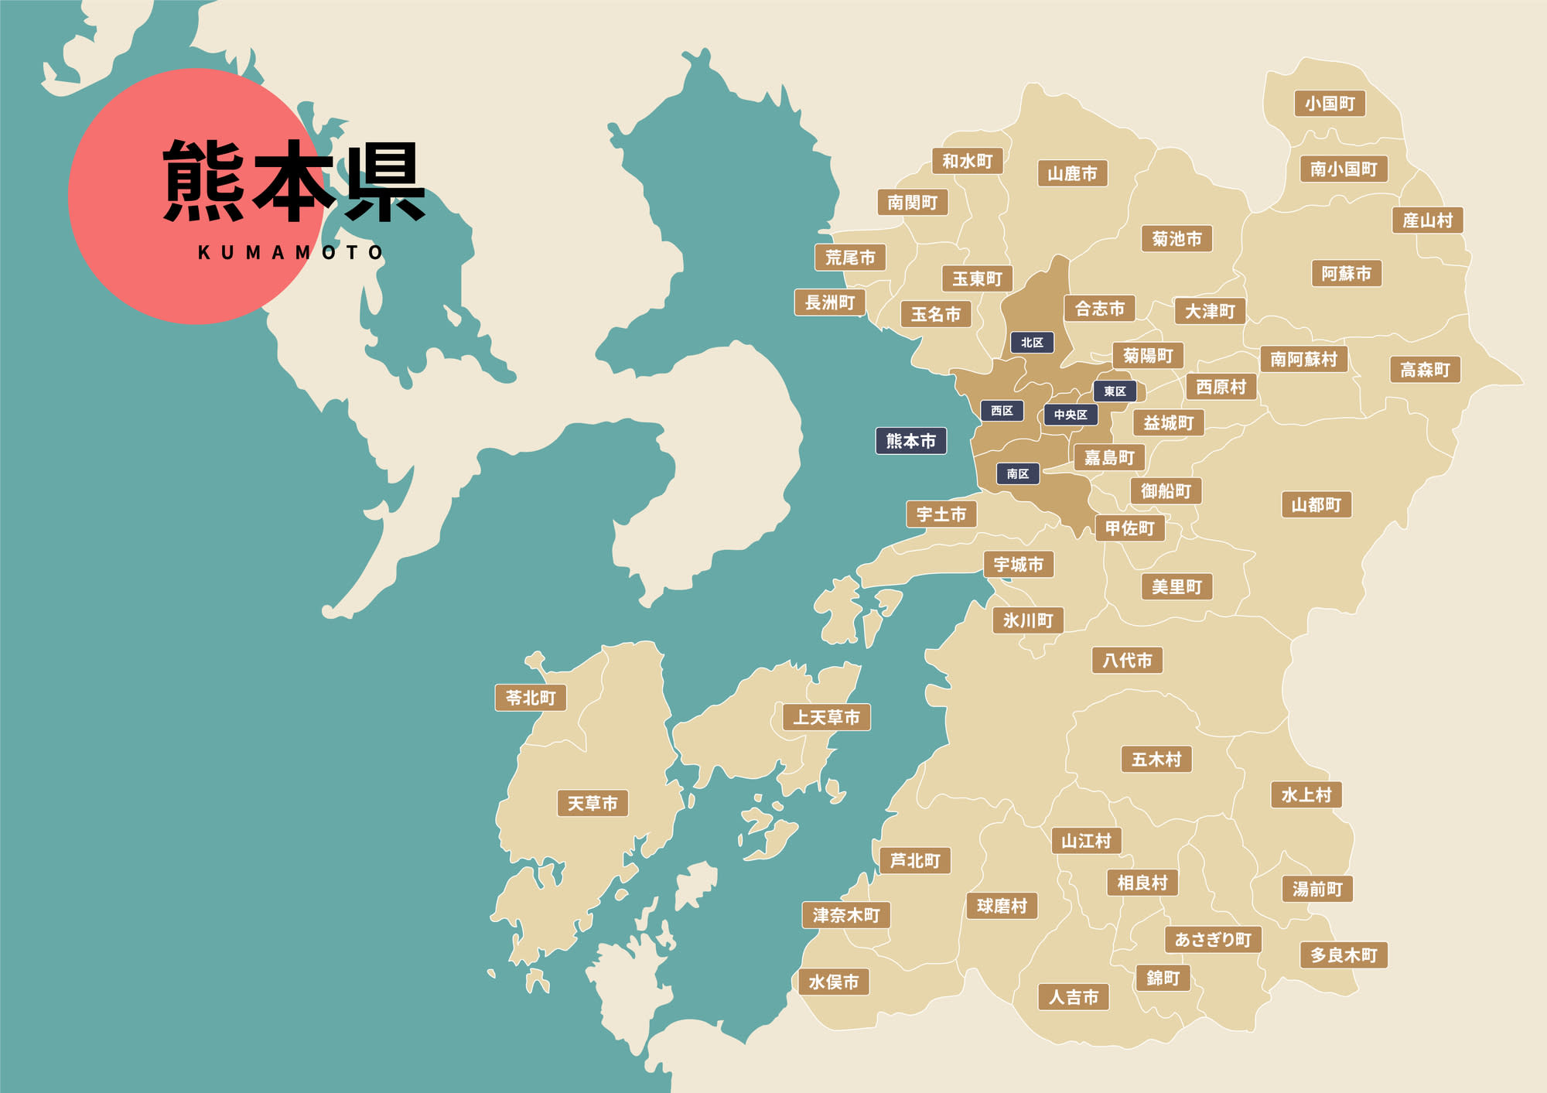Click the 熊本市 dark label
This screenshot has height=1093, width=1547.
910,441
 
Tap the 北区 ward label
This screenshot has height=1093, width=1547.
1032,342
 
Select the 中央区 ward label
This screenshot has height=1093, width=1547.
1071,415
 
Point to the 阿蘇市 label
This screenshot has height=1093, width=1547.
1346,273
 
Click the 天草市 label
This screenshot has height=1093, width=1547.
593,803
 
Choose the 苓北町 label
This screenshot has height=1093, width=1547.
531,698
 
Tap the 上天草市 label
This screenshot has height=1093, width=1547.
826,717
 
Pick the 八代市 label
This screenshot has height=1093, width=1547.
1127,660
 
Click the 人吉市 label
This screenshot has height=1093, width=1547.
1073,997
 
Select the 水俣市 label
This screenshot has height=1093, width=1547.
833,982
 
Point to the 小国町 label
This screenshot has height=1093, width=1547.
1330,104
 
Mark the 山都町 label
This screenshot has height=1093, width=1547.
1316,505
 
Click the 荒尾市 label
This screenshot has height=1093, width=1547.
849,258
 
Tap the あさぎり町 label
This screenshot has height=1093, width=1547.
1213,939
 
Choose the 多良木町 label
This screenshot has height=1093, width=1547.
1344,955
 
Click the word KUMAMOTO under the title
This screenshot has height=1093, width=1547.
291,253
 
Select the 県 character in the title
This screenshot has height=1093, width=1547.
384,183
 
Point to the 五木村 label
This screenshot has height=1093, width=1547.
1156,759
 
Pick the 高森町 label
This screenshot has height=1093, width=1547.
1425,370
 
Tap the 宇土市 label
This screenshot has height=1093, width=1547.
941,514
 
